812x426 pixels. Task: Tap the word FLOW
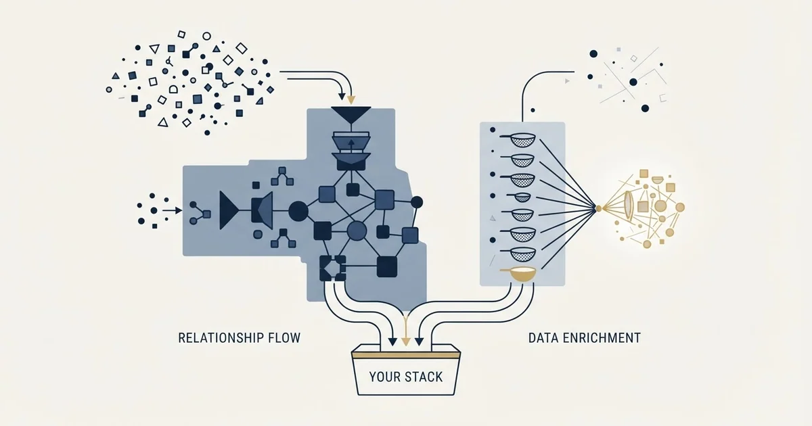(x=285, y=338)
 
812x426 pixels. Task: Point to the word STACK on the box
(x=424, y=377)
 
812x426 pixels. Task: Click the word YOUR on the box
(x=385, y=377)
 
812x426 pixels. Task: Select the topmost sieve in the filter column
(x=518, y=140)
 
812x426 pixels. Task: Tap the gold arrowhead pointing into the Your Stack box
(x=406, y=341)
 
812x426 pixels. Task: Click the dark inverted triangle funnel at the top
(x=351, y=114)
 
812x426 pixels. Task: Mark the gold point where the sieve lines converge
(x=598, y=208)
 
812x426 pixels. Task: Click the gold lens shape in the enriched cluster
(x=628, y=206)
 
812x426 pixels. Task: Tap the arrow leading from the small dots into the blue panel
(x=172, y=210)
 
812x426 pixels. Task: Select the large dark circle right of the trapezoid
(x=298, y=211)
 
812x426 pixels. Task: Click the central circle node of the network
(x=357, y=231)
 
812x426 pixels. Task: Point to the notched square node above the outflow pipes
(x=332, y=268)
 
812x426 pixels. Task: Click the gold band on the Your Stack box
(x=406, y=355)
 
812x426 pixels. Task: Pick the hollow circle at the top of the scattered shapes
(x=206, y=36)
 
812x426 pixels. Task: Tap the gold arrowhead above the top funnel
(x=351, y=100)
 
